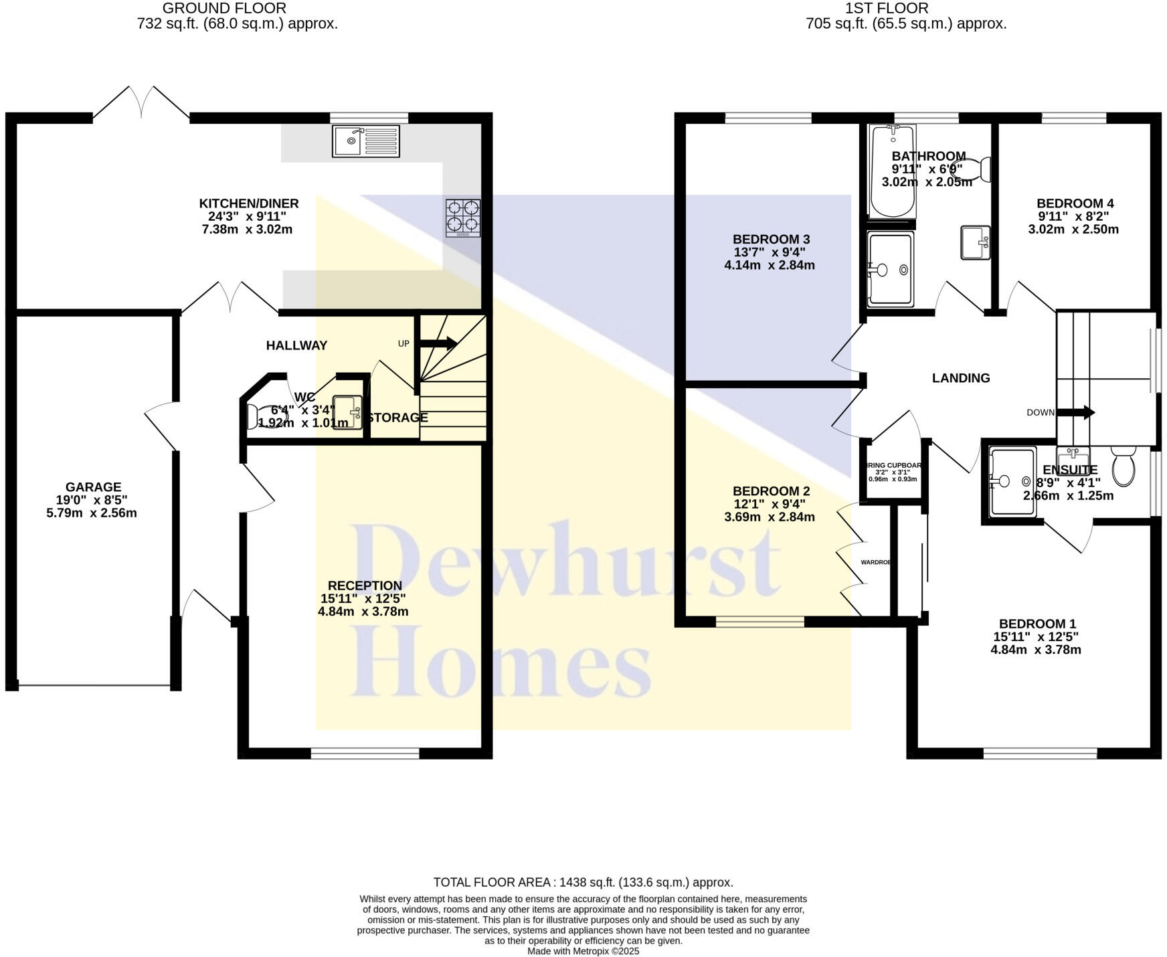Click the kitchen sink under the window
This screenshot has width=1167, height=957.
[x=365, y=141]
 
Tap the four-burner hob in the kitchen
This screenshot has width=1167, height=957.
[x=463, y=217]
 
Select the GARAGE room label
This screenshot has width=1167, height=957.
[x=93, y=487]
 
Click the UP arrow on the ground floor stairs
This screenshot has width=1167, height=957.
[x=438, y=344]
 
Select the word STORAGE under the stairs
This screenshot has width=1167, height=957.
[x=397, y=418]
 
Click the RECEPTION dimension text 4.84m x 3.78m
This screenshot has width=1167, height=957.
[x=363, y=612]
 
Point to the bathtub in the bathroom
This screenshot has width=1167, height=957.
[x=893, y=171]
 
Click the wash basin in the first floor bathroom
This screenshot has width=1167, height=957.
[x=975, y=242]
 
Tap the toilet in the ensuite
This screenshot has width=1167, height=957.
[x=1124, y=466]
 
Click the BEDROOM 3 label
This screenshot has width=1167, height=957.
[x=771, y=240]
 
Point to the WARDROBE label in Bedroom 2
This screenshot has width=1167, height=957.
[x=876, y=562]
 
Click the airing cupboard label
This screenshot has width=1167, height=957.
[x=894, y=466]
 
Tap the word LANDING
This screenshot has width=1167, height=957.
[x=960, y=378]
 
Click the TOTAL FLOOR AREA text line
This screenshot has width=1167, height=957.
[x=583, y=882]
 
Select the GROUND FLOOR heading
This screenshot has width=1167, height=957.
[x=224, y=9]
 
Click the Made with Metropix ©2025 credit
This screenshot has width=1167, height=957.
[x=583, y=951]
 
